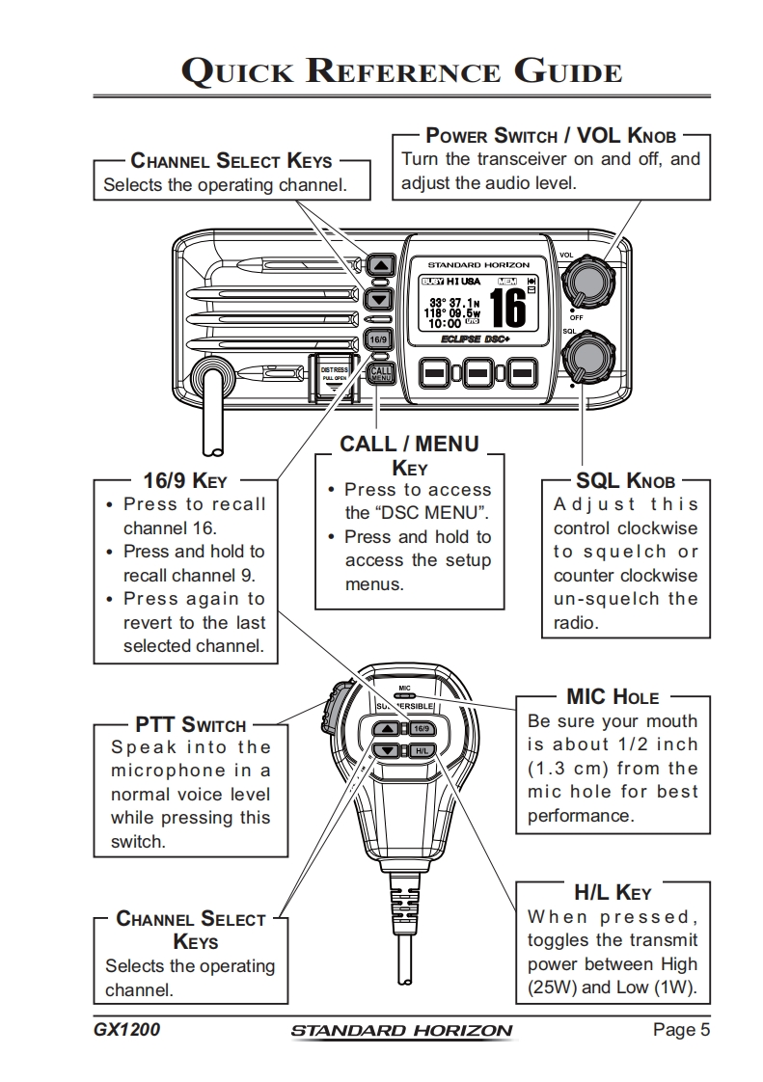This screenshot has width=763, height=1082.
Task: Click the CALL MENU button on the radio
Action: pyautogui.click(x=380, y=372)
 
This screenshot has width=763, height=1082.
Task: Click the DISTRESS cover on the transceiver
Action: pyautogui.click(x=334, y=377)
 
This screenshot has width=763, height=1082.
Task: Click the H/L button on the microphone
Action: pyautogui.click(x=422, y=750)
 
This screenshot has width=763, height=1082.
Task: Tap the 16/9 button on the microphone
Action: pyautogui.click(x=422, y=728)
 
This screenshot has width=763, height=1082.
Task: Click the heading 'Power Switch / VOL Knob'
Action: pyautogui.click(x=551, y=136)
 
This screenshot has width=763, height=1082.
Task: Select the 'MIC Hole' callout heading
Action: pyautogui.click(x=613, y=696)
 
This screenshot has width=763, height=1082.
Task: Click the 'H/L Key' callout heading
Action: pyautogui.click(x=613, y=893)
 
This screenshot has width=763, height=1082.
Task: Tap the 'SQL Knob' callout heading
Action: pyautogui.click(x=625, y=480)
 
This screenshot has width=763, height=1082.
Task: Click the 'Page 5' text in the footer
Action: pyautogui.click(x=681, y=1030)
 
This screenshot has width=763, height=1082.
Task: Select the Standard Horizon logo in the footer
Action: pyautogui.click(x=401, y=1031)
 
